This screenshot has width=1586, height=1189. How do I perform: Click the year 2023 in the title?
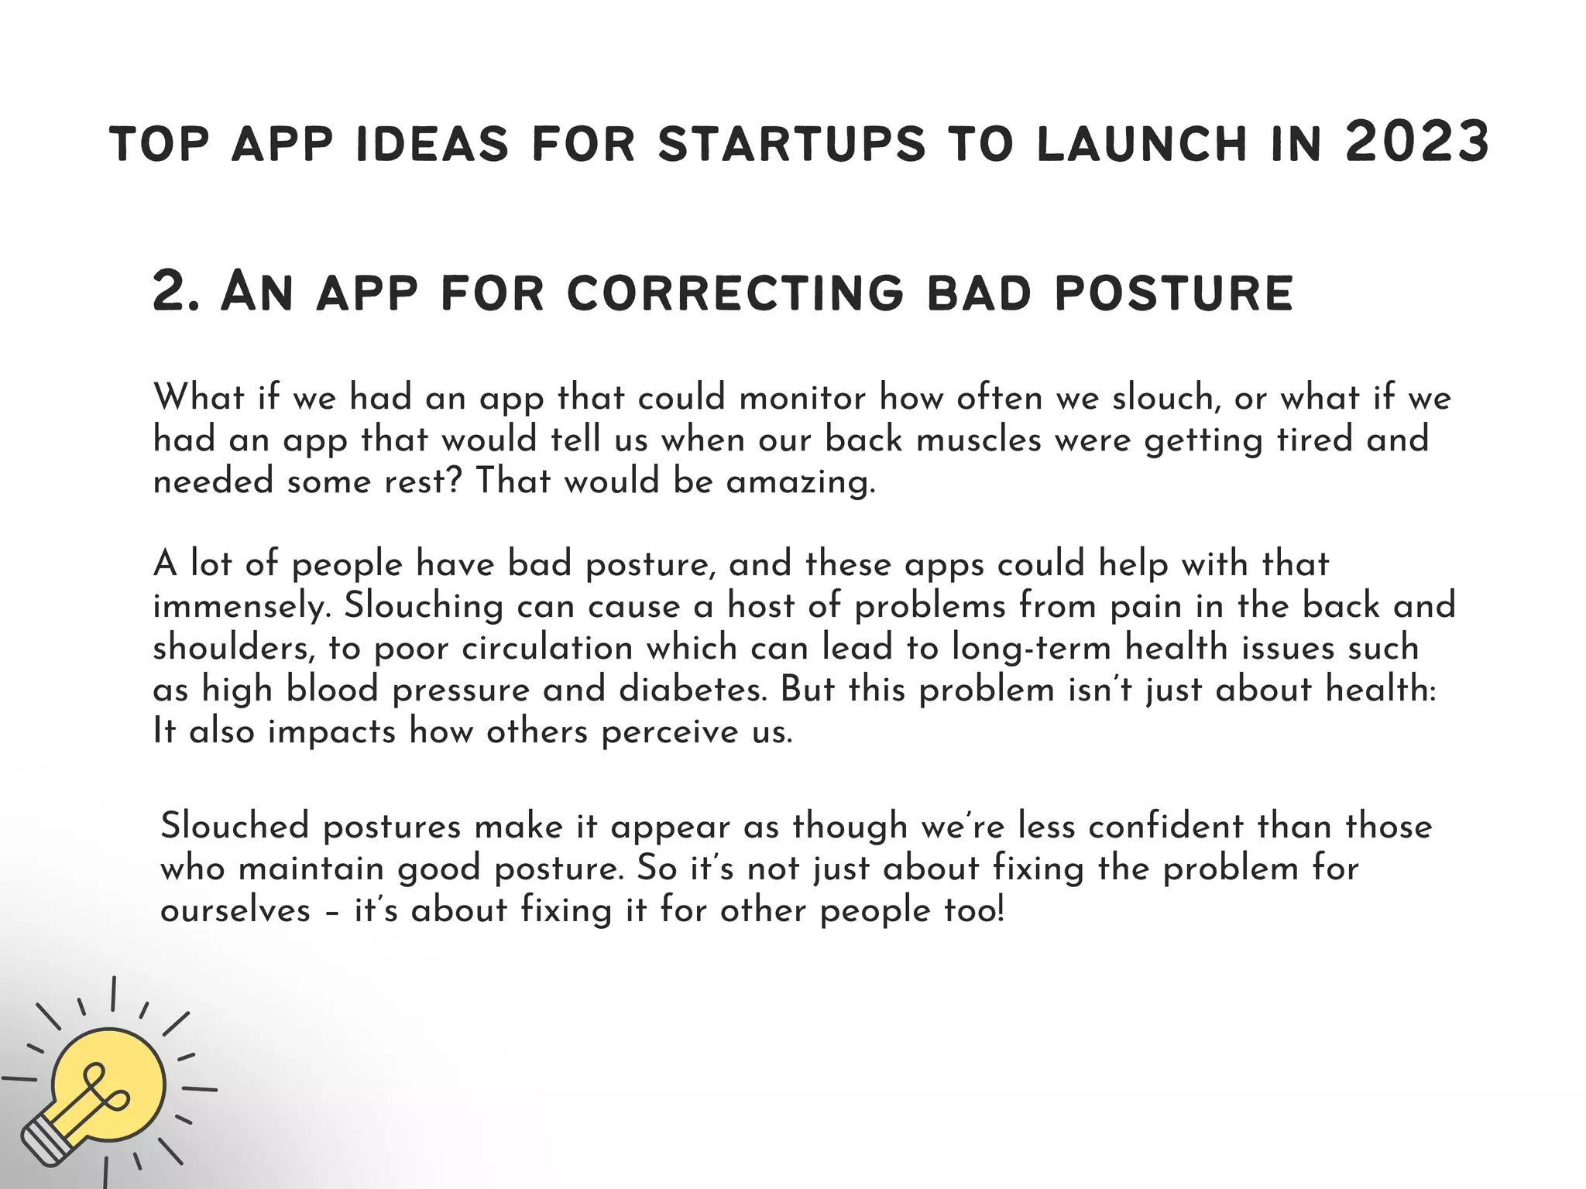point(1417,143)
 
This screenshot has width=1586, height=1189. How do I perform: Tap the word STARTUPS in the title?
point(791,145)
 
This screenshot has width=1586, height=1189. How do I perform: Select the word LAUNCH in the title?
point(1141,145)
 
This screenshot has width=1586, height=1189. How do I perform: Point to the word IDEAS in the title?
point(432,145)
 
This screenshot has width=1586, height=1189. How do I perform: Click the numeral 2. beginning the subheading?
point(177,293)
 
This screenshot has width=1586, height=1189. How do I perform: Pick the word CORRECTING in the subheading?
point(735,293)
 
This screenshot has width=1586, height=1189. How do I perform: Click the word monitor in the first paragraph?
point(802,398)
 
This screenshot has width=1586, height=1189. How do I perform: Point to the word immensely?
point(242,606)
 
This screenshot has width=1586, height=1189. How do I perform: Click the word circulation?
point(548,648)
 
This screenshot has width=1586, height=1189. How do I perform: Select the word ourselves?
point(235,910)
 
